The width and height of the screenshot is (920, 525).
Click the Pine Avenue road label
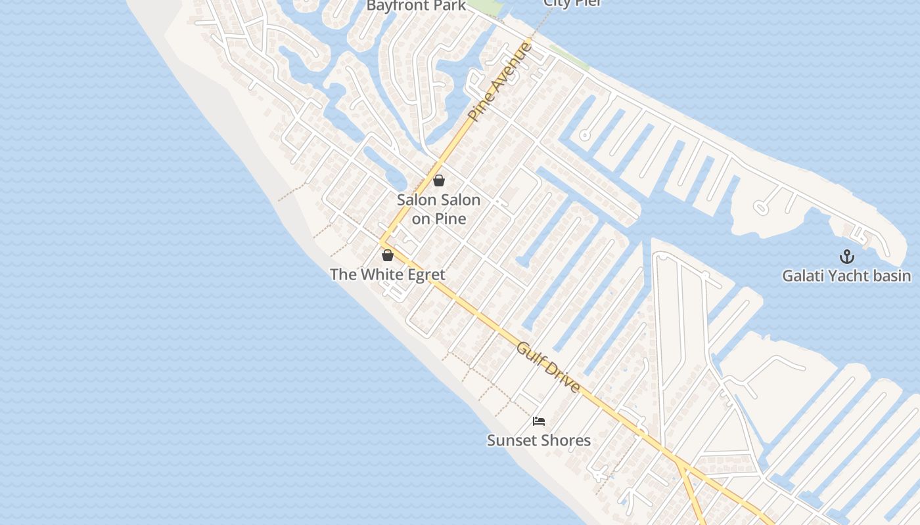coord(500,81)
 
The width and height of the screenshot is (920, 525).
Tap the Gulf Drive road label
coord(548,367)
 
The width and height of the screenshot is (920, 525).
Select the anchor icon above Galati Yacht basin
coord(847,257)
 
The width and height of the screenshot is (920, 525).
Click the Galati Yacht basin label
coord(846,276)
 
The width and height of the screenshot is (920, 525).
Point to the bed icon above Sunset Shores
coord(539,421)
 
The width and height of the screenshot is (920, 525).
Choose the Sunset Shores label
coord(539,440)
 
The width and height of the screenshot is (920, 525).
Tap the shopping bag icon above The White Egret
coord(388,255)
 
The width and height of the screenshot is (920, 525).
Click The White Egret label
coord(388,274)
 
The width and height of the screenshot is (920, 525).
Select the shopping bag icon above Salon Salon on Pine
coord(439,180)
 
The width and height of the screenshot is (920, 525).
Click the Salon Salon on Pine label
coord(439,209)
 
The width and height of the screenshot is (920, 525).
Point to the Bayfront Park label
coord(416,6)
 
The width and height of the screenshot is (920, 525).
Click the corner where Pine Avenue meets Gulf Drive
coord(381,242)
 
